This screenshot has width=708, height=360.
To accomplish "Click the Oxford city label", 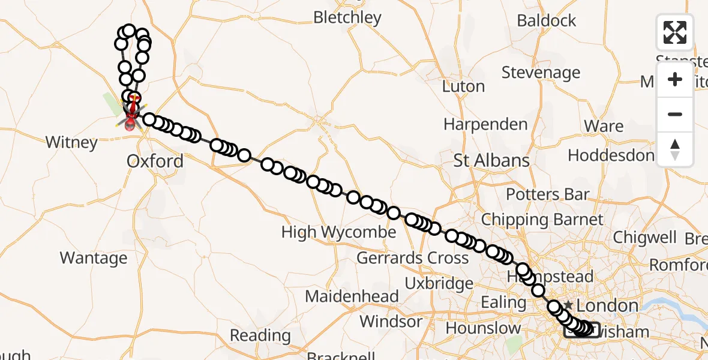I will click(x=155, y=161).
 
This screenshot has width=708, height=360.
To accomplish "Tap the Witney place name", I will click(x=71, y=142).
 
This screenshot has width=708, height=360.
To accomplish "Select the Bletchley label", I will click(x=347, y=17).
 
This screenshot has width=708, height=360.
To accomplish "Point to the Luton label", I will click(x=463, y=86).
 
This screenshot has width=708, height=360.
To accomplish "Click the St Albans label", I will click(x=491, y=160).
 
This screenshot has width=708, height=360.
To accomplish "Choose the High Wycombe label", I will click(x=338, y=232).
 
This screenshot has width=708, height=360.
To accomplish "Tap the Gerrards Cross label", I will click(x=412, y=258).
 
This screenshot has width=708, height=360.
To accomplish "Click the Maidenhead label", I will click(x=352, y=296).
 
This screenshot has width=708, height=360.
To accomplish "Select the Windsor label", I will click(x=391, y=321).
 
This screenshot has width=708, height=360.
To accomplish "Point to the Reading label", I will click(x=260, y=335).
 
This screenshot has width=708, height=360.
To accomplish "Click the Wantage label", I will click(x=94, y=258).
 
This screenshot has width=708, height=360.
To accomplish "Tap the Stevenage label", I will click(x=541, y=73).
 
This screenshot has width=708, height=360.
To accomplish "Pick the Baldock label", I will click(x=546, y=20).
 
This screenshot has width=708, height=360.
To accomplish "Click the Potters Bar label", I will click(x=547, y=194).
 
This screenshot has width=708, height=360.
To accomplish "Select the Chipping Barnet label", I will click(x=542, y=220).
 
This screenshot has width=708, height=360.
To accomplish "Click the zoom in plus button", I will click(x=675, y=79).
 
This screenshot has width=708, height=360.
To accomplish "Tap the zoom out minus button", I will click(x=675, y=114).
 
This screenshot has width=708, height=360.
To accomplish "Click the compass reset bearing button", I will click(x=675, y=148).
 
